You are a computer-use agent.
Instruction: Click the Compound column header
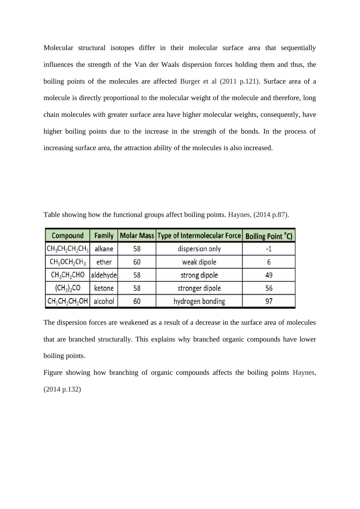[x=67, y=236]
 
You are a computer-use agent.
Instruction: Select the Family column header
[x=104, y=236]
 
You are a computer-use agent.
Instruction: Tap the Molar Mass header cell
[x=137, y=236]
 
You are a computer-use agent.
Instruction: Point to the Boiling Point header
[x=269, y=236]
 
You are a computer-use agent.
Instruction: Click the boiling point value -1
[x=269, y=249]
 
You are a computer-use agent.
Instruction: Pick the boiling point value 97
[x=269, y=301]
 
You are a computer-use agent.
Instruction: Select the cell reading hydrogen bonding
[x=199, y=301]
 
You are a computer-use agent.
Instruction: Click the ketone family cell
[x=104, y=288]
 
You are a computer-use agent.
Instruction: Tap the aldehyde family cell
[x=104, y=275]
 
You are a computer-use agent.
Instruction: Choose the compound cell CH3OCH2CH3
[x=67, y=262]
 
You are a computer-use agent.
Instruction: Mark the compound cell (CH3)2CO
[x=67, y=288]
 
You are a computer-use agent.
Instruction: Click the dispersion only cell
[x=199, y=249]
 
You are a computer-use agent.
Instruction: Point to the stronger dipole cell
[x=199, y=288]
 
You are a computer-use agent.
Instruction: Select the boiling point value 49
[x=269, y=275]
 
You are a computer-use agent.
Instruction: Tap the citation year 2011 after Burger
[x=230, y=81]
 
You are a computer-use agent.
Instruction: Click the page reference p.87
[x=279, y=215]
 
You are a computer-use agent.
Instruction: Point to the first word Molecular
[x=58, y=48]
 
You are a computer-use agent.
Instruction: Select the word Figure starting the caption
[x=53, y=373]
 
